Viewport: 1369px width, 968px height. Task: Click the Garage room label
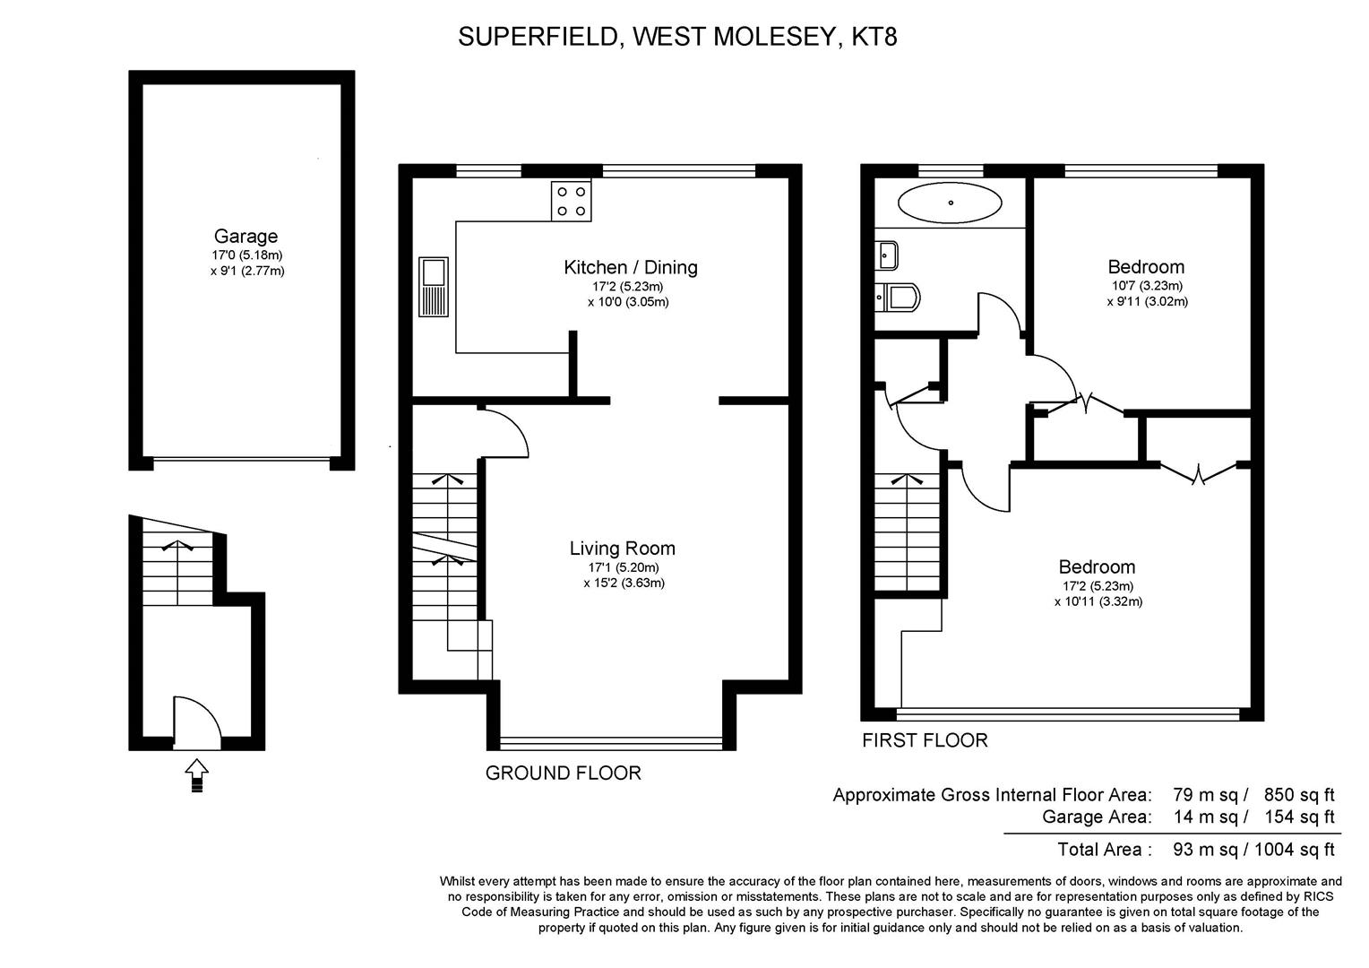tap(245, 237)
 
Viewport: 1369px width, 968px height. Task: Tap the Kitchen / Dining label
tap(630, 267)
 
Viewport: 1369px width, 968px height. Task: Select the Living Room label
tap(622, 549)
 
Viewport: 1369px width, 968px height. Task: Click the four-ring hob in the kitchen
tap(571, 201)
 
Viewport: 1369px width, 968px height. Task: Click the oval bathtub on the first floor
tap(950, 203)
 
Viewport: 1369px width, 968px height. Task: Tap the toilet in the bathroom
tap(898, 297)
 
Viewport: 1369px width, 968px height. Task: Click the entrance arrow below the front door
tap(196, 774)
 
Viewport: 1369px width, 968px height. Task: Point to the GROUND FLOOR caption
tap(563, 773)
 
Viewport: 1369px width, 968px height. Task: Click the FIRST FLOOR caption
tap(924, 740)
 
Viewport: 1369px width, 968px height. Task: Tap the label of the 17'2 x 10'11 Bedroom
tap(1097, 566)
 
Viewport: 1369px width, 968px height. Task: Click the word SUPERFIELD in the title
tap(539, 37)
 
